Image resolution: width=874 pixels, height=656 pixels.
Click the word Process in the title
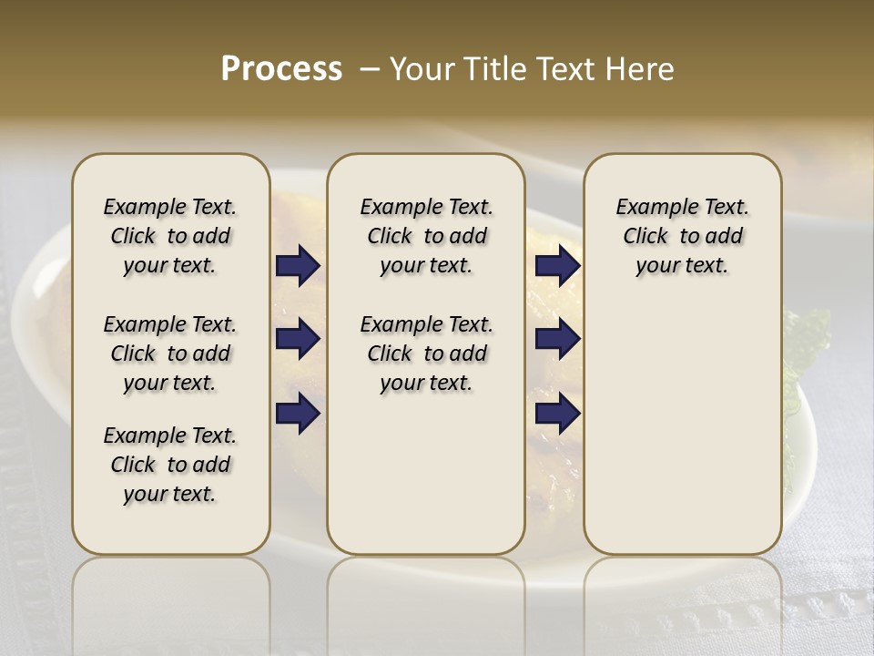281,69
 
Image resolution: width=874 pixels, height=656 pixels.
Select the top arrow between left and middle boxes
298,265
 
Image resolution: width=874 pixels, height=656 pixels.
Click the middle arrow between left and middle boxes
298,339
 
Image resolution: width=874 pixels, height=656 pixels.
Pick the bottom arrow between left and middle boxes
298,413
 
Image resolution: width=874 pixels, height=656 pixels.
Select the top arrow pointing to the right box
557,265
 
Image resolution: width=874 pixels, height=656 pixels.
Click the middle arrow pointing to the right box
557,339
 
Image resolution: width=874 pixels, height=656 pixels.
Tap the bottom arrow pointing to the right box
557,413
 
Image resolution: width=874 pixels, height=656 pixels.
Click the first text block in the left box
170,236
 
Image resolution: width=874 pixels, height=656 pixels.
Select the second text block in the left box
170,354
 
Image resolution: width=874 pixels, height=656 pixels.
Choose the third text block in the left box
170,465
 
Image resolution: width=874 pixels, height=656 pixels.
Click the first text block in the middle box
426,236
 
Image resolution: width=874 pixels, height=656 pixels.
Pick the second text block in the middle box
426,354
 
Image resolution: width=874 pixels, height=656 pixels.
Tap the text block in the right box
682,236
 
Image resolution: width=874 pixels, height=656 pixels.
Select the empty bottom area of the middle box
426,483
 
